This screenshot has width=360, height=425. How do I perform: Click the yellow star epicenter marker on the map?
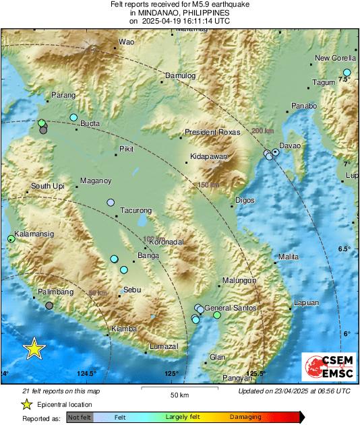coord(34,348)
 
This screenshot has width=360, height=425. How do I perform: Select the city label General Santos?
coord(231,308)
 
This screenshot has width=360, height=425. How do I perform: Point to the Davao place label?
coord(290,145)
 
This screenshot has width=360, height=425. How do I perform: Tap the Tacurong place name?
coord(136,211)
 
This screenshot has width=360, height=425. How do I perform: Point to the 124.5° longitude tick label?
coord(86,374)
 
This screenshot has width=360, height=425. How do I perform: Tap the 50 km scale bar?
coord(179,389)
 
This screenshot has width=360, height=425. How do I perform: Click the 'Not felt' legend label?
coord(80,418)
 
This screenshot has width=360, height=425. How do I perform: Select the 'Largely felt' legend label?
coord(181,418)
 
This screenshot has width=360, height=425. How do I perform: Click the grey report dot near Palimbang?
coord(49,305)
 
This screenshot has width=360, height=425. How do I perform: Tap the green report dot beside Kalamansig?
coord(11,238)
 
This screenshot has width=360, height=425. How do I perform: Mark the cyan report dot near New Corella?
coord(347,73)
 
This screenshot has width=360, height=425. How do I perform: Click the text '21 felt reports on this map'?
coord(61,391)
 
